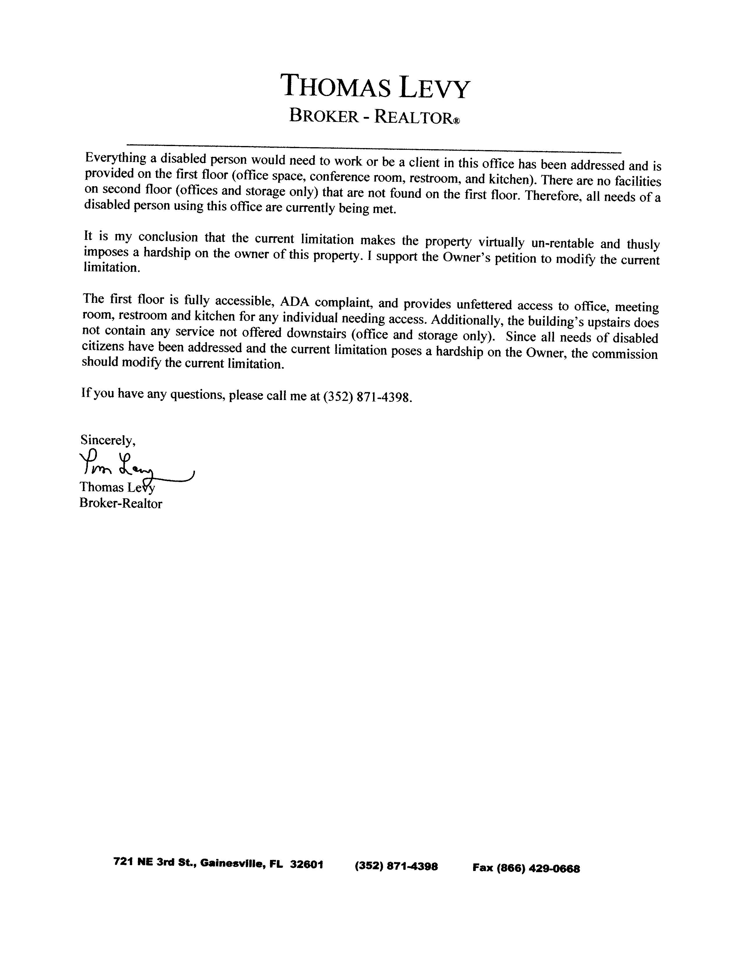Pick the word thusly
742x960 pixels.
(643, 244)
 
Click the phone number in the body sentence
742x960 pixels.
(368, 397)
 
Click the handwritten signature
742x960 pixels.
(132, 466)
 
